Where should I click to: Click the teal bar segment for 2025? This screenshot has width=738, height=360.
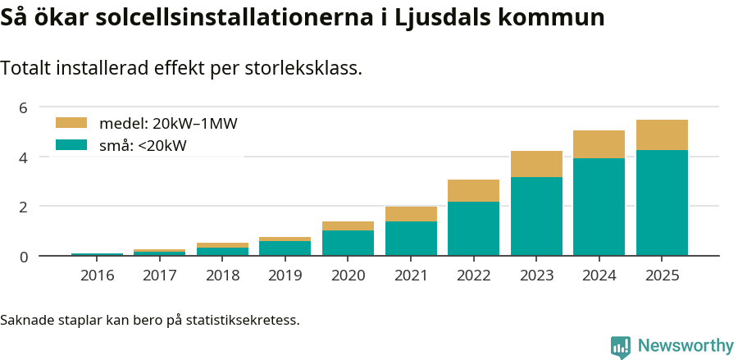point(662,203)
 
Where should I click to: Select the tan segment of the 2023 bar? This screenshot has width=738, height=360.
point(536,164)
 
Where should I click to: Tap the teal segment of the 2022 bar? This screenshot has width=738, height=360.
point(473,229)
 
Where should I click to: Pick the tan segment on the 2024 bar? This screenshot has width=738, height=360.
point(599,144)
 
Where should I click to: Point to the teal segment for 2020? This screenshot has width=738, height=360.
point(348,243)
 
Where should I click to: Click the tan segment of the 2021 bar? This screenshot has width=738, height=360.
point(411,214)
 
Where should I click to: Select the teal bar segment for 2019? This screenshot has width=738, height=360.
point(285,248)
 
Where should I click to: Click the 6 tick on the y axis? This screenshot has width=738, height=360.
point(23,107)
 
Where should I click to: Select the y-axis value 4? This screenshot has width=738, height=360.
point(23,157)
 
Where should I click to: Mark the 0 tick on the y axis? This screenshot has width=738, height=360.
point(23,257)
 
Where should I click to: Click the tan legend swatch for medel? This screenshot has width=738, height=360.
point(71,123)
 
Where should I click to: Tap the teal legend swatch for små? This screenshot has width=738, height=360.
point(71,145)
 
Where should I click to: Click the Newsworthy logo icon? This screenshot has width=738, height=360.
point(621,346)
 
